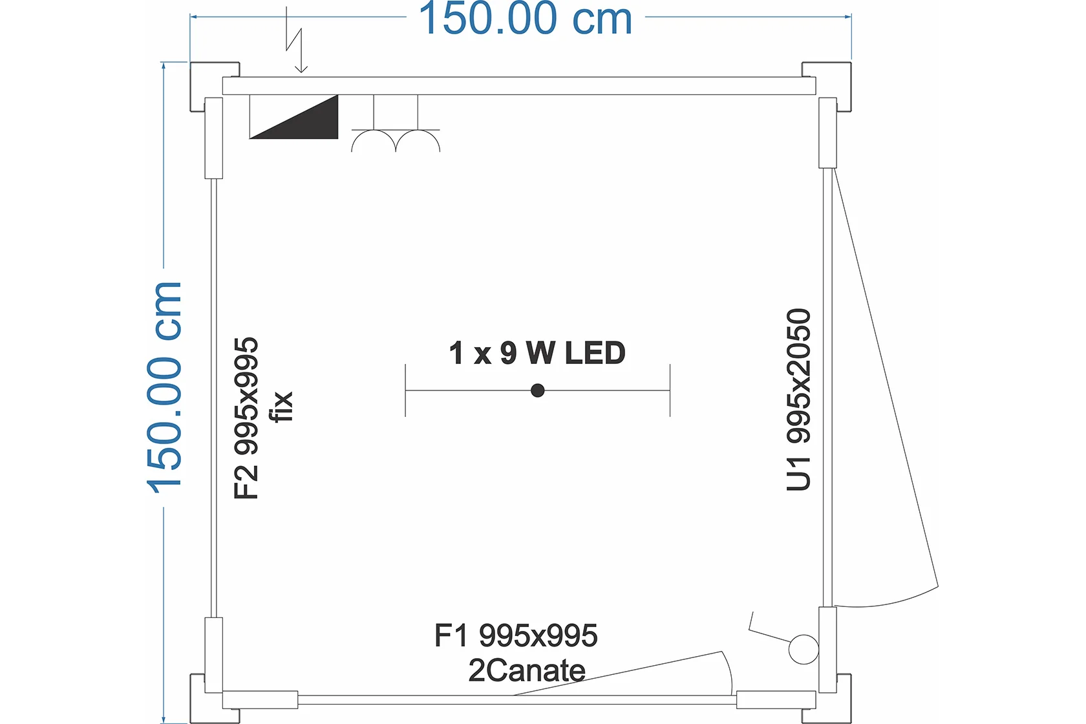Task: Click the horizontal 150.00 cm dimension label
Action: coord(526,19)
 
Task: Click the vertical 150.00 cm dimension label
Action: coord(164,387)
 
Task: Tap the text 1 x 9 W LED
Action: coord(537,352)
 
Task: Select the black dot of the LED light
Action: coord(537,390)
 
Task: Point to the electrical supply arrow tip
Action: coord(301,72)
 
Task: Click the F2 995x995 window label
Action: coord(246,418)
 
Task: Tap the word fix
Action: coord(282,407)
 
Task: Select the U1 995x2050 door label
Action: coord(798,399)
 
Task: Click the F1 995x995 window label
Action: coord(516,635)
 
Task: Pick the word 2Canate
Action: coord(527,670)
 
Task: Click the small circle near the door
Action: coord(804,649)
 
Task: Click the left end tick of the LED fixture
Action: coord(405,390)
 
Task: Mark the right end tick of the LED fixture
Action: coord(670,390)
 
